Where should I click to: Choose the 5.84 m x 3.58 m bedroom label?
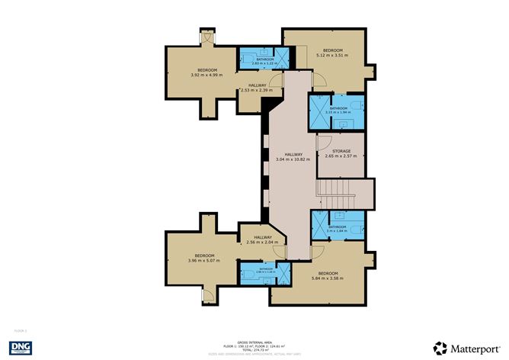click(x=328, y=276)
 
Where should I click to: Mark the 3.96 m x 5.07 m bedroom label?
click(x=203, y=258)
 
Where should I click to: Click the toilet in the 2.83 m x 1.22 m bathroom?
click(x=248, y=56)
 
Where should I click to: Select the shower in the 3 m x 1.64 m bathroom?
click(x=319, y=226)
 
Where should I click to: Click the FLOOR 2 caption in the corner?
click(x=21, y=330)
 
